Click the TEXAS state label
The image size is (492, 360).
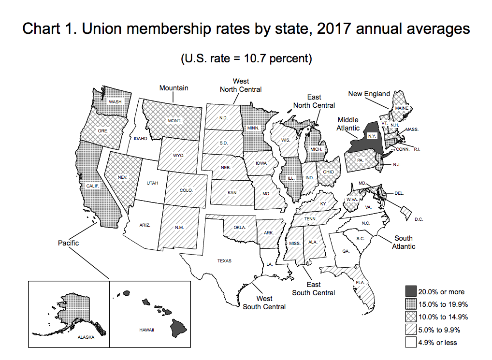coord(224,261)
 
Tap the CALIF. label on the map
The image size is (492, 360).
coord(93,186)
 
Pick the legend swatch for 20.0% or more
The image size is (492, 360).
coord(411,291)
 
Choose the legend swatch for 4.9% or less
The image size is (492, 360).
coord(411,343)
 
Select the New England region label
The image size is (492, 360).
coord(369,93)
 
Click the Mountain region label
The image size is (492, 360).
coord(174,88)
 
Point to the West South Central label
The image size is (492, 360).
coord(264,302)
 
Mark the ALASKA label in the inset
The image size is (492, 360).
coord(86,337)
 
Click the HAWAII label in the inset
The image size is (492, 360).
coord(145,330)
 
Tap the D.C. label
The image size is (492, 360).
coord(419,219)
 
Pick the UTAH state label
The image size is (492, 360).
coord(152,183)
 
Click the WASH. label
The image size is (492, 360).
coord(116,102)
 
